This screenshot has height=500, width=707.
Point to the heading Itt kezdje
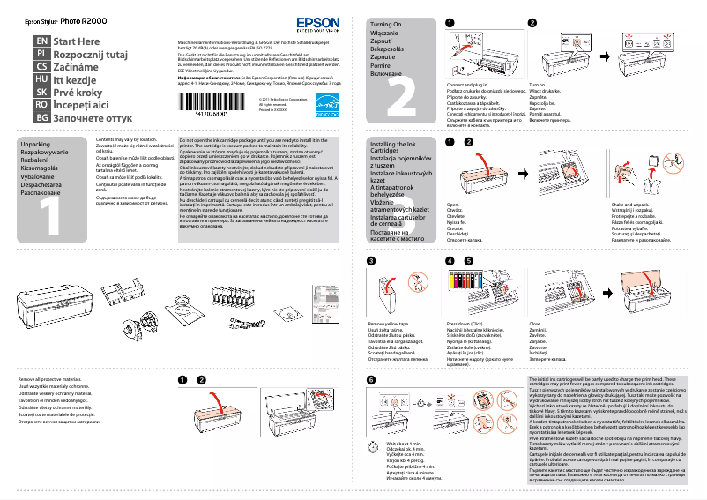78,78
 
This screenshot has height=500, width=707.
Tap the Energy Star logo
326,104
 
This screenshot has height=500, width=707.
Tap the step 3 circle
371,261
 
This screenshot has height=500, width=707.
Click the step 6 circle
371,379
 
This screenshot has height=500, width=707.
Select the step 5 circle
468,261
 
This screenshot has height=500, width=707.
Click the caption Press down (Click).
471,325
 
